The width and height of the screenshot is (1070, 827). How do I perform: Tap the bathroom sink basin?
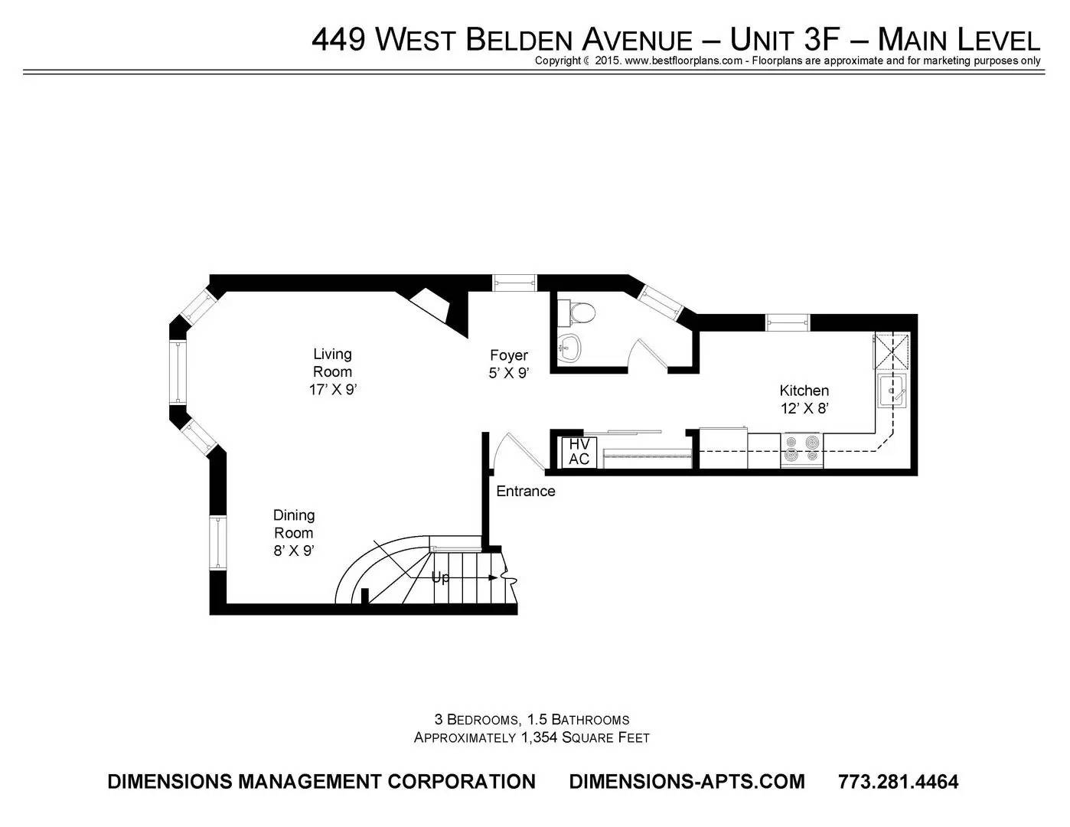pyautogui.click(x=570, y=348)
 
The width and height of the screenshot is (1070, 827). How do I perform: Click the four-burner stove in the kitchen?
pyautogui.click(x=801, y=449)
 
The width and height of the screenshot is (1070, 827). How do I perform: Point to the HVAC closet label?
pyautogui.click(x=579, y=452)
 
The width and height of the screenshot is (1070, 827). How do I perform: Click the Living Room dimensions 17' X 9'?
pyautogui.click(x=332, y=390)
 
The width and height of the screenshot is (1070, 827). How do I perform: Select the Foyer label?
pyautogui.click(x=509, y=355)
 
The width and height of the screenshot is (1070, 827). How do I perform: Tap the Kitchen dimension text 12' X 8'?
pyautogui.click(x=805, y=408)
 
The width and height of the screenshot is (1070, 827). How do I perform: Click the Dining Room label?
pyautogui.click(x=294, y=524)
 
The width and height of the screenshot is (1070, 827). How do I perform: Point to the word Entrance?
pyautogui.click(x=525, y=491)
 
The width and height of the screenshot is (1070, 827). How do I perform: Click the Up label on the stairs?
pyautogui.click(x=440, y=577)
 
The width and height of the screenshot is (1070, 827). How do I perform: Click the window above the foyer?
pyautogui.click(x=514, y=283)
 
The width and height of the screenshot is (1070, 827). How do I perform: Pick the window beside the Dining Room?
pyautogui.click(x=217, y=543)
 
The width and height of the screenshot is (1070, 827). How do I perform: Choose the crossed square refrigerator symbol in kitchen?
pyautogui.click(x=891, y=351)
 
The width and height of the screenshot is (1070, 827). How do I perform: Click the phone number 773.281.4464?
pyautogui.click(x=898, y=782)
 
